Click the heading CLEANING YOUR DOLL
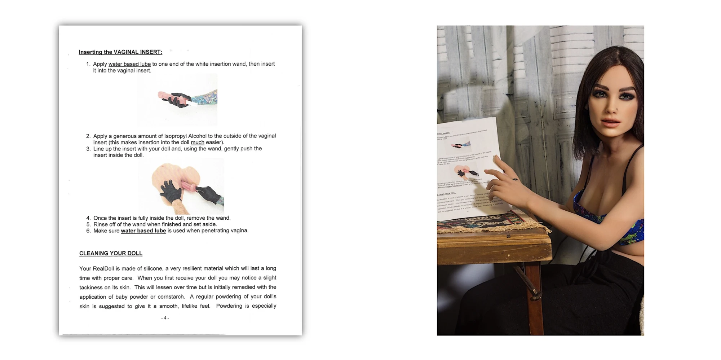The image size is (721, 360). pos(111,253)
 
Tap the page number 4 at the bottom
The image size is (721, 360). pos(165,318)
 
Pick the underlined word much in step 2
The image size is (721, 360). pos(197,142)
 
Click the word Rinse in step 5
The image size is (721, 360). pos(101,224)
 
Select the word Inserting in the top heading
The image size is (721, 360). pos(90,52)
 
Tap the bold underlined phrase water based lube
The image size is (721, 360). pos(143,231)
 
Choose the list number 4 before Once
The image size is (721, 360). pos(88,218)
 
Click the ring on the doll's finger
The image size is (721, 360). pos(516,179)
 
